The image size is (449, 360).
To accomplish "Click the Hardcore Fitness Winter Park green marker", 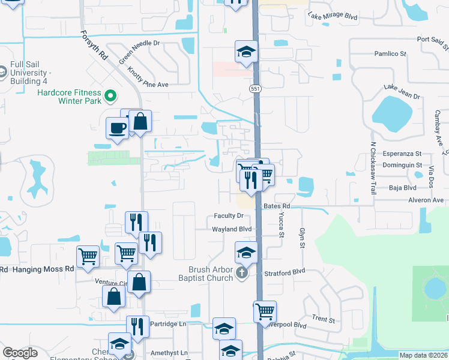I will click(110, 95).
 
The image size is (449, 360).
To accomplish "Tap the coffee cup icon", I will click(116, 128).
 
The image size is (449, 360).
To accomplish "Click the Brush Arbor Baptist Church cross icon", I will click(242, 274).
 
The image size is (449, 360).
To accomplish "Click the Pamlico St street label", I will click(390, 54).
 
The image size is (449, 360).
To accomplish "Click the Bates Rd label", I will click(277, 206).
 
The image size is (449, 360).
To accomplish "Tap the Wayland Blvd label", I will click(231, 229).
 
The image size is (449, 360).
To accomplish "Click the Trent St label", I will click(324, 319).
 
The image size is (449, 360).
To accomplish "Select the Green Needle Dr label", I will click(139, 52).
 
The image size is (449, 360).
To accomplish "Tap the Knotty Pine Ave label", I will click(148, 77).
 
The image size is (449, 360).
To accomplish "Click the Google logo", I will click(20, 353).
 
